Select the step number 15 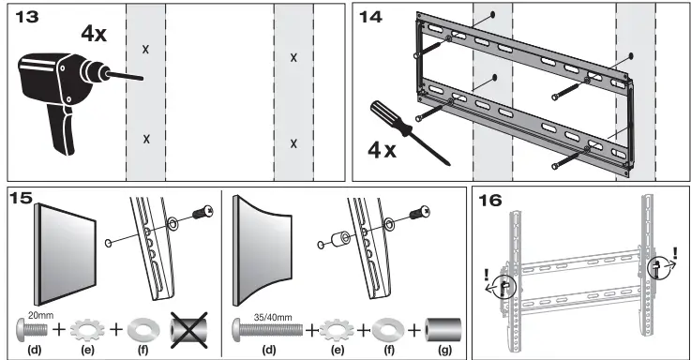(22, 198)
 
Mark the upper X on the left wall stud (145, 49)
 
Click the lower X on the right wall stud (293, 142)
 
